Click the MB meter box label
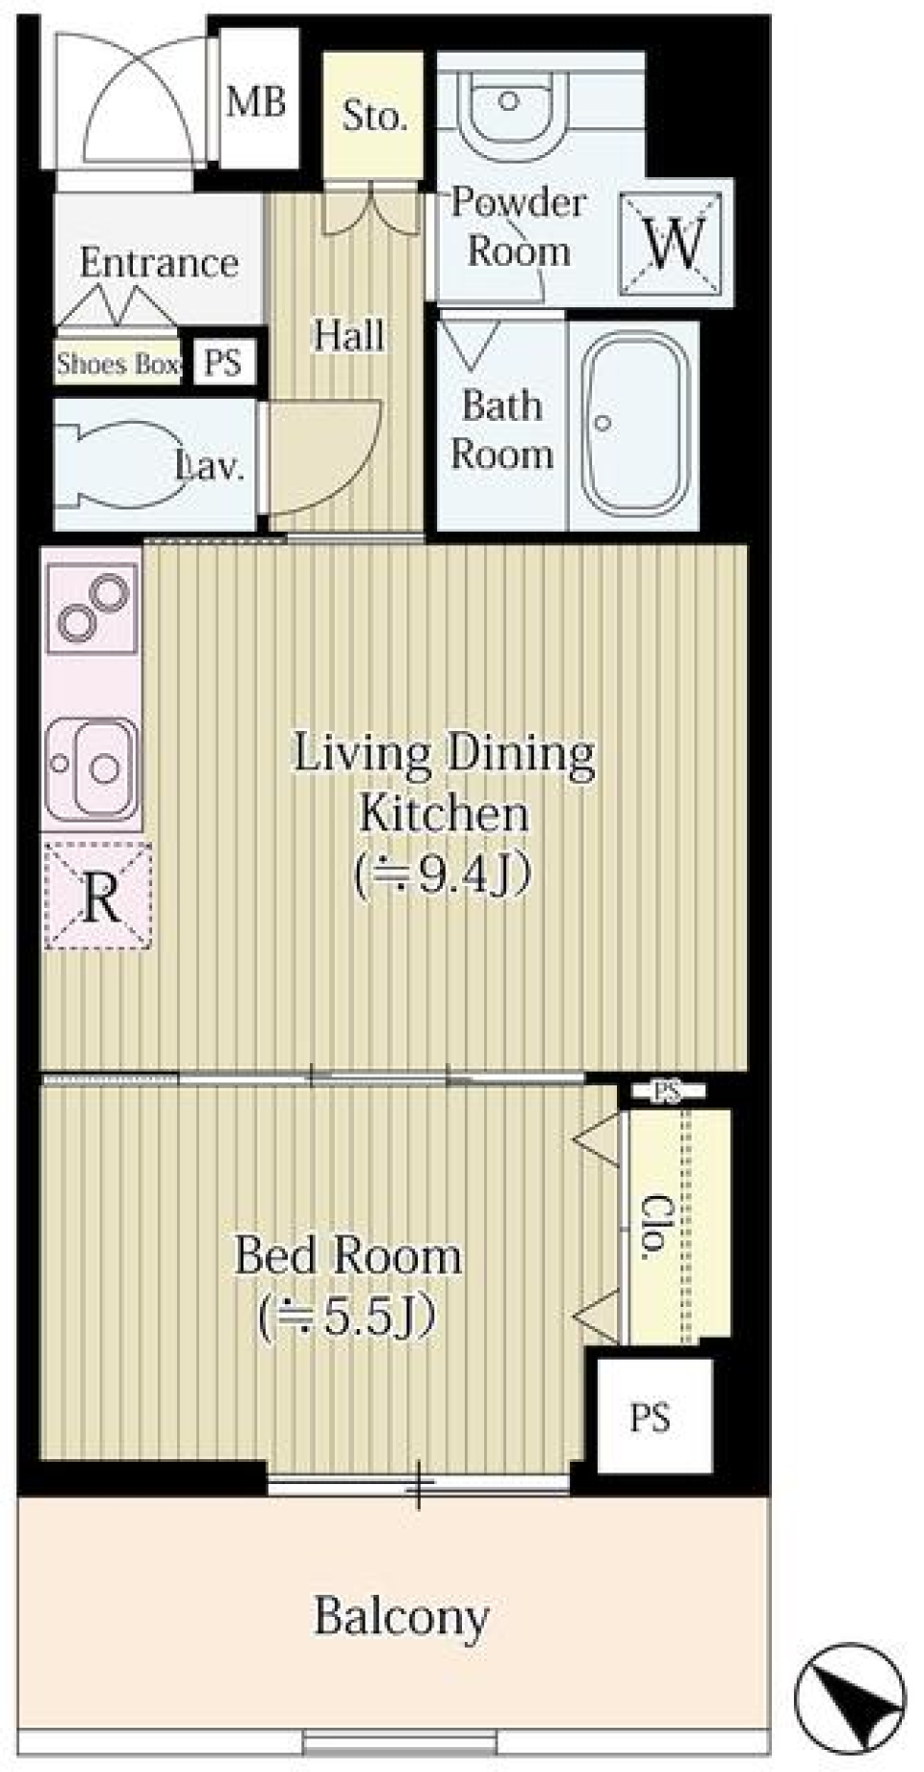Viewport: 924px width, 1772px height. (256, 101)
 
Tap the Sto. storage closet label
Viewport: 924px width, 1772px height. (374, 117)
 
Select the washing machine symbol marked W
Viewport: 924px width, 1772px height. (673, 243)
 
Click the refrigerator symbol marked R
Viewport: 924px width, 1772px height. (98, 897)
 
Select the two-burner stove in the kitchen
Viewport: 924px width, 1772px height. (91, 609)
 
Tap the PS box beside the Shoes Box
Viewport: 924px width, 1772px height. (223, 363)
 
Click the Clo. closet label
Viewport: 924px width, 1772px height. (655, 1226)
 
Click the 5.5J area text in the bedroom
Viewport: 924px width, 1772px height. (347, 1316)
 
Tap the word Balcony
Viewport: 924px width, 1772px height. (402, 1617)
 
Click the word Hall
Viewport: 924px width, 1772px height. (348, 335)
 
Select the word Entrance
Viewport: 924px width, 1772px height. (159, 262)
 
